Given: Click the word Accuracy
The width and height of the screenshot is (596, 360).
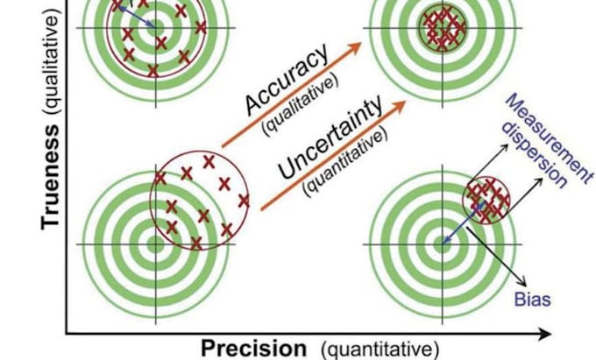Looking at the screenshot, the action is point(287,79).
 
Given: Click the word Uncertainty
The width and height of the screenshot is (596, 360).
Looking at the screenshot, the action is point(330,137).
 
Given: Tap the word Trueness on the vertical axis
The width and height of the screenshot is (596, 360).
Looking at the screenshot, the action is point(50,177).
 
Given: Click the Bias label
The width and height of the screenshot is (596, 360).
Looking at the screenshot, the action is point(533,300).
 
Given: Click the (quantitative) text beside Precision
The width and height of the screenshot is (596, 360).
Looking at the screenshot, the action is point(380,349).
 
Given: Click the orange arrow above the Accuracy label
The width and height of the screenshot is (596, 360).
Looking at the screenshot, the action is point(292,95).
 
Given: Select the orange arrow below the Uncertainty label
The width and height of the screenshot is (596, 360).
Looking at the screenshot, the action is point(333,155).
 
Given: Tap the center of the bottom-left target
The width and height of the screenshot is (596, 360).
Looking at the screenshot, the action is point(155,244).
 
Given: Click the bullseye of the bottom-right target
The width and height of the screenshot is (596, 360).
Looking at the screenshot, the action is point(442,244).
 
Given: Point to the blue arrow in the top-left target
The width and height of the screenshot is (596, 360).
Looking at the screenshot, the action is point(135,17).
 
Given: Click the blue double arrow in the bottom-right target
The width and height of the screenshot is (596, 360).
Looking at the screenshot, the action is point(464,222).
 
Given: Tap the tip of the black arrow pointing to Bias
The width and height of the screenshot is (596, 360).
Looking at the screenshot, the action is point(526,286).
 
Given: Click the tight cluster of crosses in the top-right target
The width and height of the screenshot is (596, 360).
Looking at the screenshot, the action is point(443,27).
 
